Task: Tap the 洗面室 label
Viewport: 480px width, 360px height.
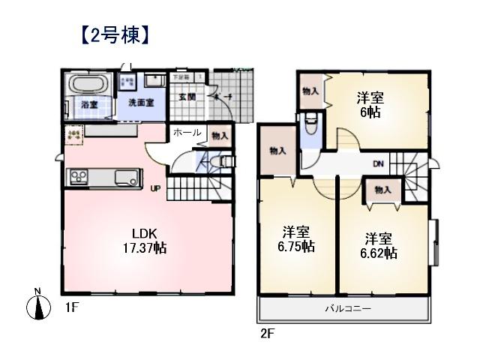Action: pos(140,102)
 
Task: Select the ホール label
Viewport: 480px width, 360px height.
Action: pos(187,133)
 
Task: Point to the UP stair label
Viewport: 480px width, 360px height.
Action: pos(156,188)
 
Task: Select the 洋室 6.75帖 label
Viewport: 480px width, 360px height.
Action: pos(298,239)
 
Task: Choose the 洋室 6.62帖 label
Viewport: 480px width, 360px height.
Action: pos(381,246)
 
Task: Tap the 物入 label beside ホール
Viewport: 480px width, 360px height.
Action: pos(220,136)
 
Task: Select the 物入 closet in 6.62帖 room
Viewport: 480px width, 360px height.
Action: pos(382,190)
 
